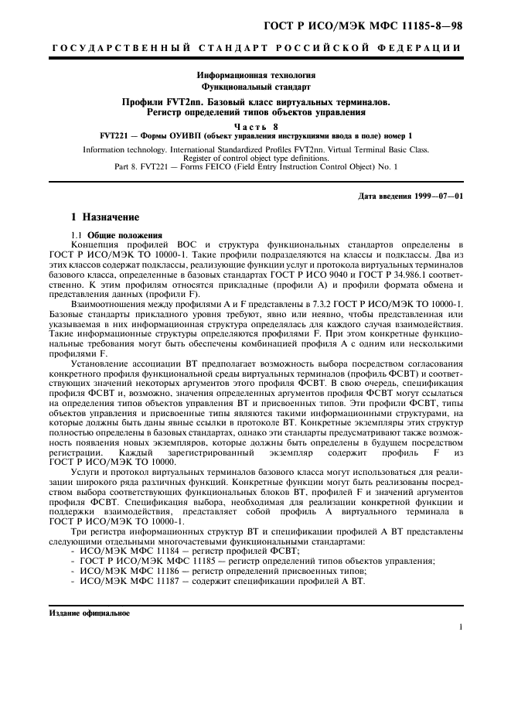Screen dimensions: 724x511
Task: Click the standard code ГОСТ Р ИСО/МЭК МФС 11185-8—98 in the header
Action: click(x=363, y=26)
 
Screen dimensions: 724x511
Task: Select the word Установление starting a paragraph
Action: click(x=102, y=343)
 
